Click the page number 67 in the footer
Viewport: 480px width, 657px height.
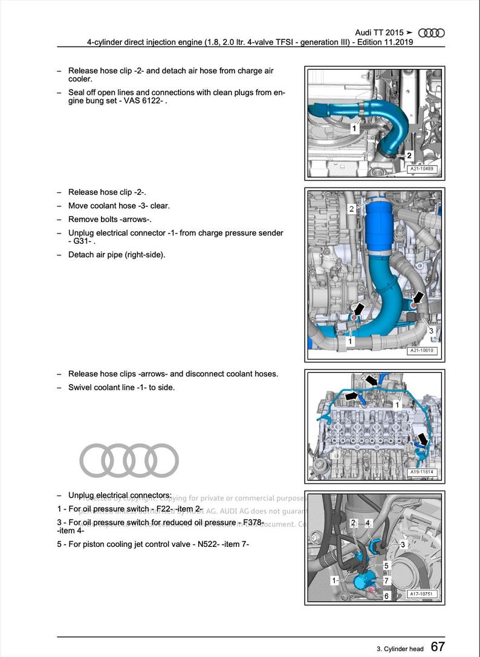tap(438, 647)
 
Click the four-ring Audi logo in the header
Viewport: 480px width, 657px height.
tap(431, 33)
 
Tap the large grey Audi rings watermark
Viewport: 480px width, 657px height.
tap(129, 460)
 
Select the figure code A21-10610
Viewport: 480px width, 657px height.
tap(422, 350)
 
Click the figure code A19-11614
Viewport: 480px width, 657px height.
tap(422, 472)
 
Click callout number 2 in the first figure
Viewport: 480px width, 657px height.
tap(409, 155)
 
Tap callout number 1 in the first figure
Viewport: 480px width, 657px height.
tap(354, 128)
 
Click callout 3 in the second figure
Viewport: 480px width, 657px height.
tap(431, 331)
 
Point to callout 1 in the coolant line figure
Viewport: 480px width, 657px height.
tap(397, 404)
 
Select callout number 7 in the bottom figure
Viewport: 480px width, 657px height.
tap(387, 580)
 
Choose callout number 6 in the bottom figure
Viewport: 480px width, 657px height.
tap(387, 596)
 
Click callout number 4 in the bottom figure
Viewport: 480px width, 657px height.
tap(368, 522)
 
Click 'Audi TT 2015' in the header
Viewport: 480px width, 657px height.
tap(379, 33)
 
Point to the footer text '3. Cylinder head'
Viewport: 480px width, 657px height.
tap(400, 649)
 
